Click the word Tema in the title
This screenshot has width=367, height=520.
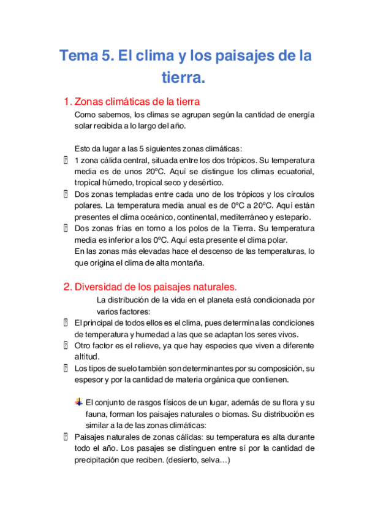[x=76, y=56]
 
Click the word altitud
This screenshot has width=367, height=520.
[x=86, y=356]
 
